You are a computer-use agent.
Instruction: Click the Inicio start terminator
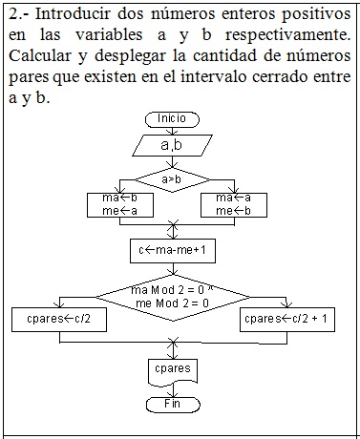172,118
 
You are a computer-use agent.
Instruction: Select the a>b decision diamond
172,178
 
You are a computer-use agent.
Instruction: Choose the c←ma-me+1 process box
173,250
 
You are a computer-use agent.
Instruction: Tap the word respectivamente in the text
290,35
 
